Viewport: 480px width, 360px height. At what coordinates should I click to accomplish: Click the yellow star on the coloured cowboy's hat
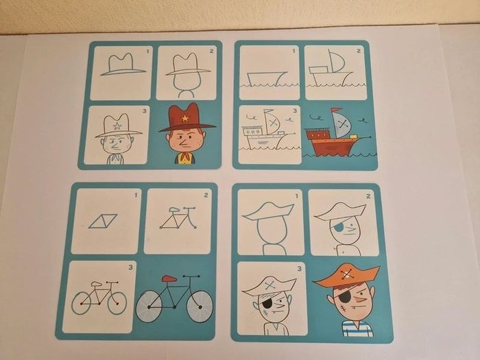(185, 118)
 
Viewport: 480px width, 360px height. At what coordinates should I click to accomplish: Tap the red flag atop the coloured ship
(335, 110)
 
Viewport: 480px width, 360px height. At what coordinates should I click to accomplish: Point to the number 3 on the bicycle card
(131, 267)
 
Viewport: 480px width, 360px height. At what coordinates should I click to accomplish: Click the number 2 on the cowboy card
(211, 51)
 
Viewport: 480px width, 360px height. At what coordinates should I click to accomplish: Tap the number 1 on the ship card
(294, 51)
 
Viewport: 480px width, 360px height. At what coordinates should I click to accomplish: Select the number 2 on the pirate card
(368, 196)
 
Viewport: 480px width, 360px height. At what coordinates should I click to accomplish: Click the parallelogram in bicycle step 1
(103, 221)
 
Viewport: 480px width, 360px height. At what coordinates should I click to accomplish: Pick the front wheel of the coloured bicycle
(200, 307)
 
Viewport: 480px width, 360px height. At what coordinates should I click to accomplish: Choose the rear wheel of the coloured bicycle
(149, 307)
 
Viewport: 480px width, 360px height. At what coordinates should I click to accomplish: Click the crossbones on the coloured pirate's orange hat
(346, 274)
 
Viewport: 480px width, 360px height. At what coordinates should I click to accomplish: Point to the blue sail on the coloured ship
(343, 125)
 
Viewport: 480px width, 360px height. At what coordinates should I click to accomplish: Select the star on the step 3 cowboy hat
(117, 125)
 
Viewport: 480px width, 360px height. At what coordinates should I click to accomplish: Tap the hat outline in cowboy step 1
(123, 64)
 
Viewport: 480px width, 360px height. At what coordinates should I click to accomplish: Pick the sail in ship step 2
(336, 61)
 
